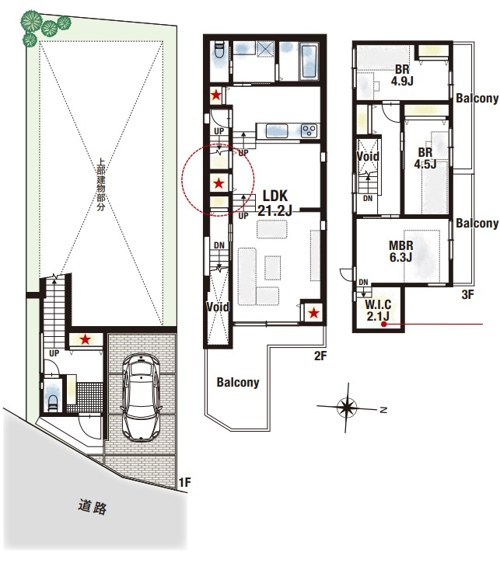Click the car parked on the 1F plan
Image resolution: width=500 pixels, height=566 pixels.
tap(142, 396)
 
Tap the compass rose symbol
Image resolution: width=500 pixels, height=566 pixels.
tap(347, 406)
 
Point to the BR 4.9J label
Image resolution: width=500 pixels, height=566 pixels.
tap(401, 75)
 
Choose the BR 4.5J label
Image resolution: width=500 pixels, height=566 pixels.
tap(425, 158)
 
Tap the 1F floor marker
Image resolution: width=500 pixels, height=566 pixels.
tap(184, 482)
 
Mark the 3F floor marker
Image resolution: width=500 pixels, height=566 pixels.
tap(467, 294)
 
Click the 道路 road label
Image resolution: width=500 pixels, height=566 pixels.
tap(93, 507)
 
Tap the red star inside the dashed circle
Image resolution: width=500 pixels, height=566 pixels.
tap(219, 184)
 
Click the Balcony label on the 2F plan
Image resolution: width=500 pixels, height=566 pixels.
tap(238, 382)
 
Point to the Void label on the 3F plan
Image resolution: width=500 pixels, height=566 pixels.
tap(368, 156)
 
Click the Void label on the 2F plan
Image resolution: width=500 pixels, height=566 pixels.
tap(218, 307)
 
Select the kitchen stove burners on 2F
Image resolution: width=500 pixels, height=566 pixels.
tap(308, 129)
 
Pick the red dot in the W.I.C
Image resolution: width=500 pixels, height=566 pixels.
tap(384, 325)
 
